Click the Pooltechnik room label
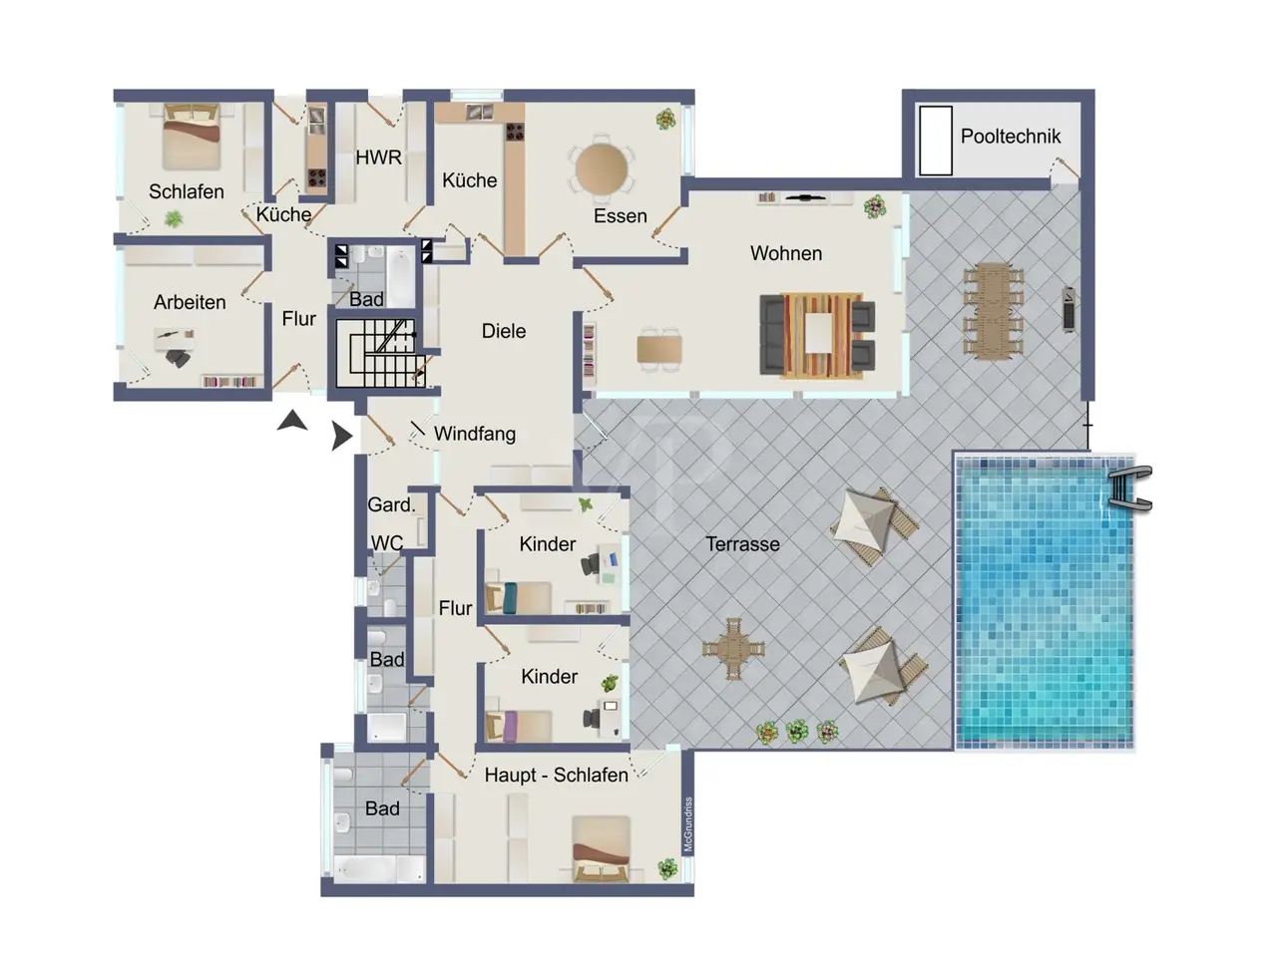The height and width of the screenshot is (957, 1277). (x=1010, y=137)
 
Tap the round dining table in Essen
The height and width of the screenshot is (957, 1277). (x=602, y=169)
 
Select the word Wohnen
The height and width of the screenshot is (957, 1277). (x=786, y=253)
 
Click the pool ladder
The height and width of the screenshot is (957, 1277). (x=1129, y=488)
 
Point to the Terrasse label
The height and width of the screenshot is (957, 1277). (x=742, y=544)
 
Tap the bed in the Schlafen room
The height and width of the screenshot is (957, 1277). (x=192, y=137)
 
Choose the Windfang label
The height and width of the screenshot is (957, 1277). (x=475, y=434)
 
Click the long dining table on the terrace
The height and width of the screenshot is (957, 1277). (x=993, y=311)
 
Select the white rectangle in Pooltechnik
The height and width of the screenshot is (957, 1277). (x=936, y=140)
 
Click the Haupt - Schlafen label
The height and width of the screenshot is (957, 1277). (x=556, y=776)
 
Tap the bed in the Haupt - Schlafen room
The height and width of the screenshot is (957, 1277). (x=601, y=849)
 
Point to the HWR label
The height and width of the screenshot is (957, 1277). (x=378, y=157)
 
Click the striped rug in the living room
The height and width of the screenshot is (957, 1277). (x=821, y=335)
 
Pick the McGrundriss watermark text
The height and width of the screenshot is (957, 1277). (x=688, y=824)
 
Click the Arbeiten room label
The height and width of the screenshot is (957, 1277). (x=190, y=302)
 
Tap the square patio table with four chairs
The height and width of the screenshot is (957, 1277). (x=733, y=648)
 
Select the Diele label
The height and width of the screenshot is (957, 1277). (x=503, y=331)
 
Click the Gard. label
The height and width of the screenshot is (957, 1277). (x=391, y=504)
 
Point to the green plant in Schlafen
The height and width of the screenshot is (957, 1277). (x=174, y=218)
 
